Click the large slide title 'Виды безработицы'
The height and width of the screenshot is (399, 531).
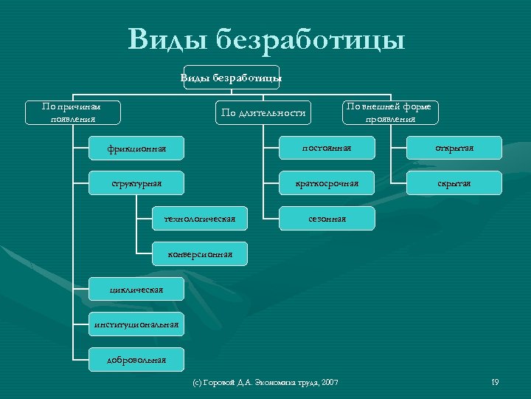pos(265,38)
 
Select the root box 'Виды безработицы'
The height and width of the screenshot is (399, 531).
pos(232,77)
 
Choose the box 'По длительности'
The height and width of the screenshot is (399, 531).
pos(263,112)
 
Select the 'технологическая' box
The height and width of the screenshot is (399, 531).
pos(199,218)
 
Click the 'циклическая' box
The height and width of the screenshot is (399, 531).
pos(136,289)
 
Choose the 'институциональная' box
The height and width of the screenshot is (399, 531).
pos(136,324)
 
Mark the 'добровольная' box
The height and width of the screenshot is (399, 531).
pos(136,360)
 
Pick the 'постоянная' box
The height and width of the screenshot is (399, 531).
pos(327,148)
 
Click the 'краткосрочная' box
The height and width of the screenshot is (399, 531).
pos(327,183)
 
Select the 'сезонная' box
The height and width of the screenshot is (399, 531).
pos(327,219)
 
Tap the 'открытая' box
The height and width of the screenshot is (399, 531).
pos(454,148)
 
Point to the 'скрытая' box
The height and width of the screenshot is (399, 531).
pos(454,183)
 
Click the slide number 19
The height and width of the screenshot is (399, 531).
pos(495,381)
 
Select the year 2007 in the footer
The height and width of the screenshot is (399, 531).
pos(330,382)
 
